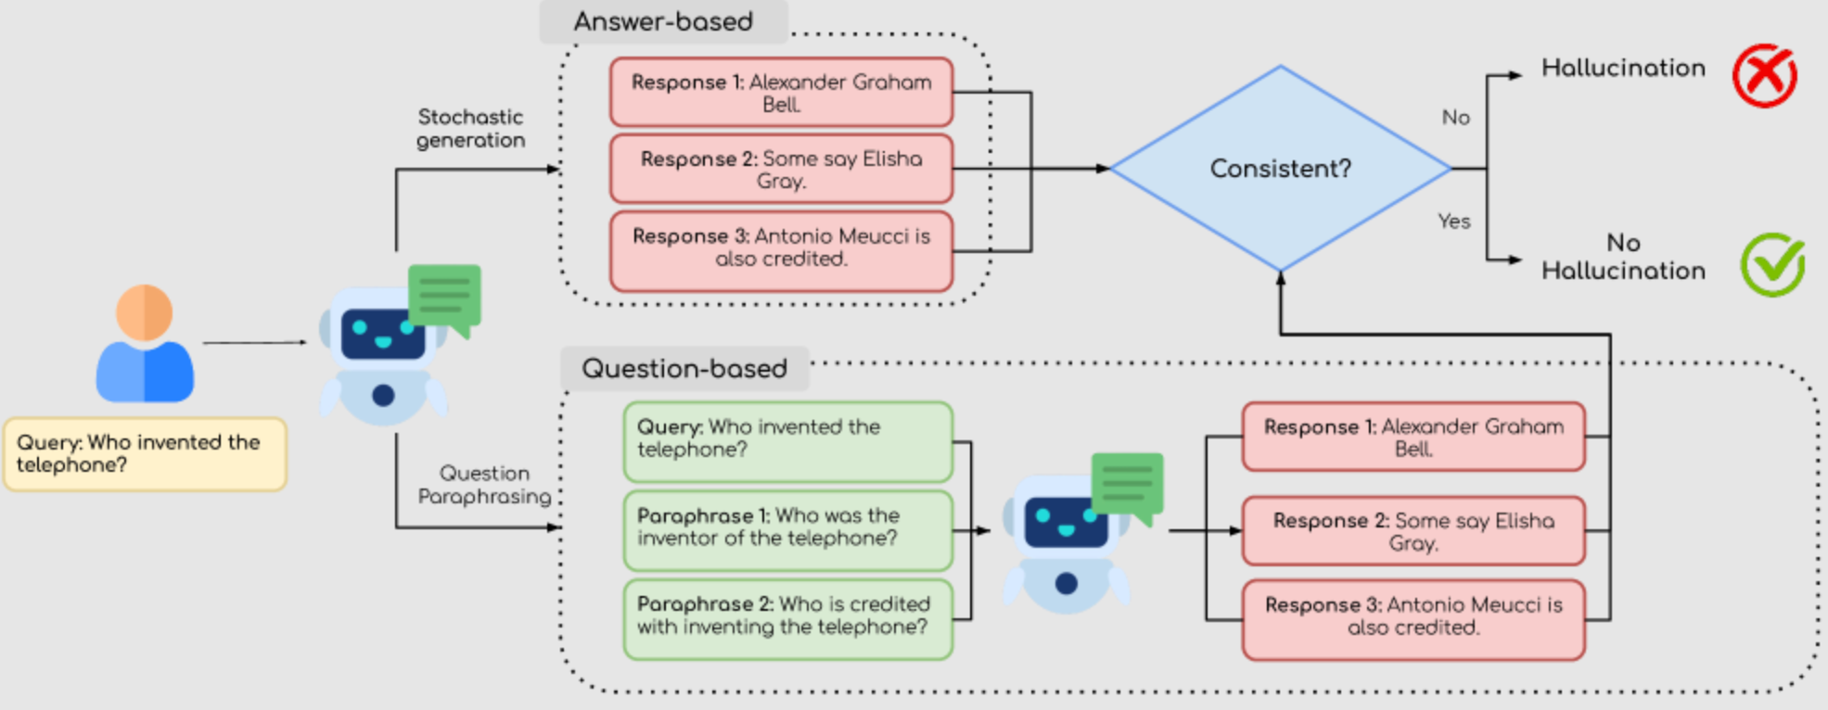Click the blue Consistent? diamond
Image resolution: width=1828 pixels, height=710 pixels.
pyautogui.click(x=1280, y=169)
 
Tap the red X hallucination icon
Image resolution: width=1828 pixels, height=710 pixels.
pyautogui.click(x=1764, y=76)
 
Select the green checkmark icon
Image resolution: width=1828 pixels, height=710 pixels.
pyautogui.click(x=1771, y=265)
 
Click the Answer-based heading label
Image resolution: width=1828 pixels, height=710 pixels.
pyautogui.click(x=663, y=21)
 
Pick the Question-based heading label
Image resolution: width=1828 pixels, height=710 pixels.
pyautogui.click(x=684, y=369)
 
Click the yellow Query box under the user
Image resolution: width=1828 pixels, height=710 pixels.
pyautogui.click(x=145, y=453)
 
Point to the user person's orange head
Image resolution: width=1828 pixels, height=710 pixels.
pyautogui.click(x=145, y=312)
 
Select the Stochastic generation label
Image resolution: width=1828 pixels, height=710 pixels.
pyautogui.click(x=470, y=129)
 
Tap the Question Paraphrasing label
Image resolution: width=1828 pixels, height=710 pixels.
pyautogui.click(x=484, y=485)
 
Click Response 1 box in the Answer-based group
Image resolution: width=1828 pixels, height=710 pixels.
pyautogui.click(x=781, y=93)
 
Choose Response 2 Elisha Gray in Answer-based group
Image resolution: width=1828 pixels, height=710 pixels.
pyautogui.click(x=781, y=170)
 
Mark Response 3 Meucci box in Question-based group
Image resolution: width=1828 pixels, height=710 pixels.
pyautogui.click(x=1413, y=616)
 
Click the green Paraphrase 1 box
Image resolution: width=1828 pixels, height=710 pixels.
pyautogui.click(x=787, y=527)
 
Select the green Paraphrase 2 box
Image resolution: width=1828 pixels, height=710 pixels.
pyautogui.click(x=787, y=616)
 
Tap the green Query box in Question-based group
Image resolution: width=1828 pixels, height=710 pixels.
pyautogui.click(x=787, y=439)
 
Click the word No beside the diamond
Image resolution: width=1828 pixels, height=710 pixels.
pyautogui.click(x=1455, y=118)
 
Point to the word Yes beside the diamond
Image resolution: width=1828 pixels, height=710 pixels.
pyautogui.click(x=1453, y=222)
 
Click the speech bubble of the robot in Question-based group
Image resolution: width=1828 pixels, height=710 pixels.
pyautogui.click(x=1127, y=485)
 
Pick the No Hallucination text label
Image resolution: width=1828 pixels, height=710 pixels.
pyautogui.click(x=1623, y=257)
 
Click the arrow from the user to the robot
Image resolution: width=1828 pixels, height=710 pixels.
pyautogui.click(x=254, y=343)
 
